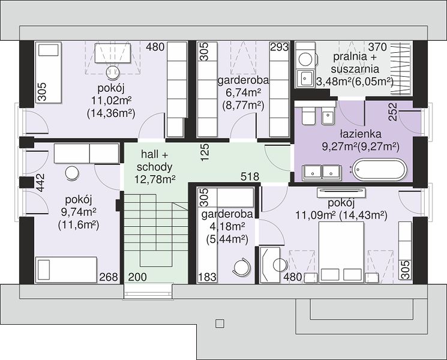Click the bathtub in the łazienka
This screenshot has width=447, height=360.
pyautogui.click(x=379, y=170)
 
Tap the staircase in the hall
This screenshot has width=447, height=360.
pyautogui.click(x=155, y=231)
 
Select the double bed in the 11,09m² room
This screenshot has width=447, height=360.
pyautogui.click(x=341, y=252)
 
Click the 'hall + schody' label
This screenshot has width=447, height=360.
pyautogui.click(x=155, y=161)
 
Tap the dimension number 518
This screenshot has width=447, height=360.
pyautogui.click(x=250, y=177)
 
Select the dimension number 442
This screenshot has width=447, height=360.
pyautogui.click(x=40, y=182)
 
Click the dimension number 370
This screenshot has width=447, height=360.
pyautogui.click(x=377, y=47)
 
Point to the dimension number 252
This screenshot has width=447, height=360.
pyautogui.click(x=393, y=112)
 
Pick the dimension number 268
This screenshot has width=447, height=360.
pyautogui.click(x=109, y=277)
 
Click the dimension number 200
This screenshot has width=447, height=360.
pyautogui.click(x=137, y=277)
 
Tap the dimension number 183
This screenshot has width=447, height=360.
pyautogui.click(x=207, y=277)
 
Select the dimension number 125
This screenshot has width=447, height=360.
pyautogui.click(x=205, y=153)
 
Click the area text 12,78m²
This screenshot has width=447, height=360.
pyautogui.click(x=155, y=179)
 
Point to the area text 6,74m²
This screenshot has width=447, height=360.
pyautogui.click(x=243, y=93)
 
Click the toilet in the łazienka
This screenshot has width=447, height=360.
pyautogui.click(x=308, y=115)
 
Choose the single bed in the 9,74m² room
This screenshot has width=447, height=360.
pyautogui.click(x=66, y=269)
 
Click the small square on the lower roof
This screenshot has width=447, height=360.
pyautogui.click(x=220, y=324)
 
